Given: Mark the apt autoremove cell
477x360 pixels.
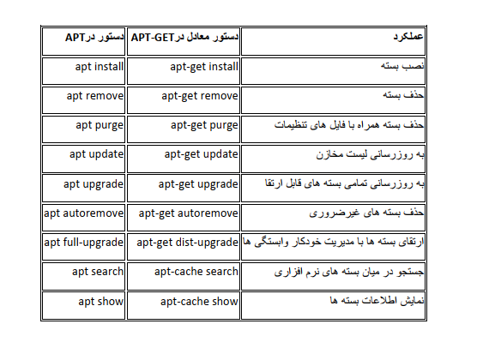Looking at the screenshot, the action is point(84,213).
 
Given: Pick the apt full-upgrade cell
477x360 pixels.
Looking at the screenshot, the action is point(84,243).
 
